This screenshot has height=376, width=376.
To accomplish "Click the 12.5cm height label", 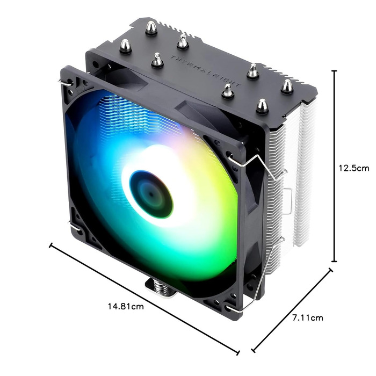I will (x=353, y=168).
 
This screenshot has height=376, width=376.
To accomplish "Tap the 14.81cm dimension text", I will (x=126, y=307).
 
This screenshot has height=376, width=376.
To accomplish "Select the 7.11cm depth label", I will (x=307, y=317).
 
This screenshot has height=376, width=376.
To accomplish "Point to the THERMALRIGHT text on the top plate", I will (x=206, y=71).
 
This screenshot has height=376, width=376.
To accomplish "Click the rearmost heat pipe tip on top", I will (x=151, y=27).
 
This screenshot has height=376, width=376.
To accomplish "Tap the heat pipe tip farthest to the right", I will (x=287, y=85).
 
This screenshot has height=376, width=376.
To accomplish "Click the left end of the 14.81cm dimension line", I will (x=51, y=246).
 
